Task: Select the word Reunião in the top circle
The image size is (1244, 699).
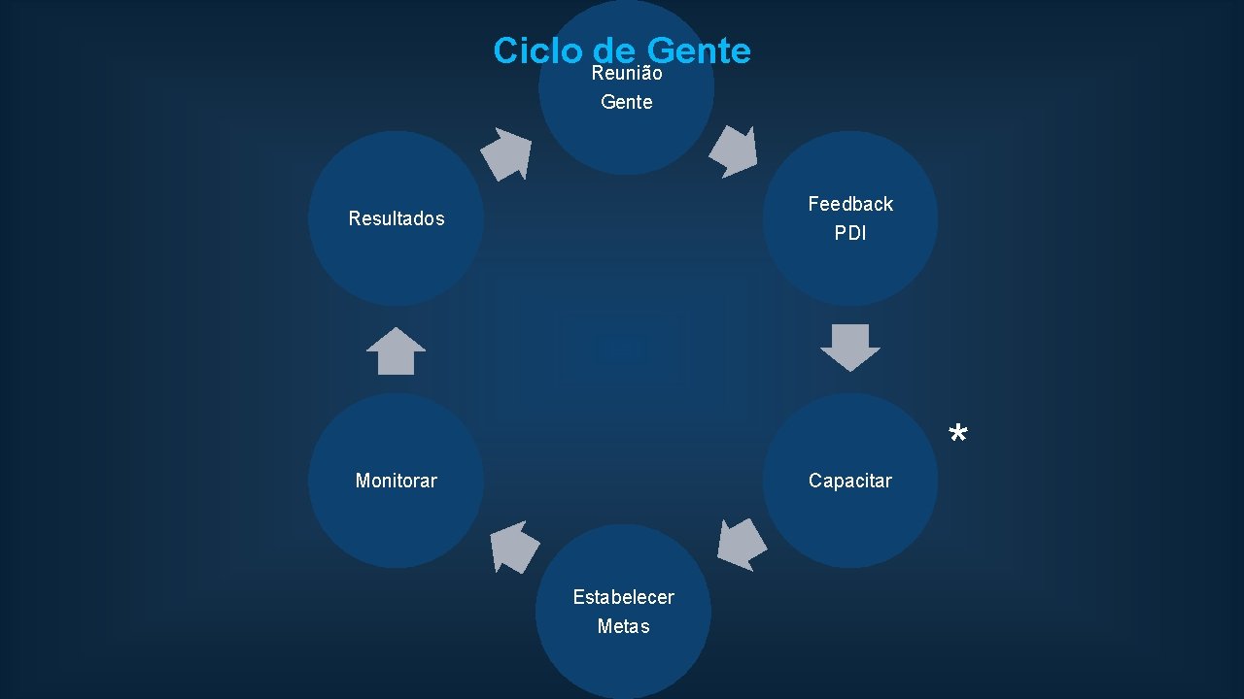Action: click(627, 74)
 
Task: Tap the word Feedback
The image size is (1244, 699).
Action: click(850, 204)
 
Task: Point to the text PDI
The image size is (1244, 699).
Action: click(850, 233)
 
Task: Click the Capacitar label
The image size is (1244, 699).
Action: click(850, 481)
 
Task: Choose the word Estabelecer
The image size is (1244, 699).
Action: click(623, 597)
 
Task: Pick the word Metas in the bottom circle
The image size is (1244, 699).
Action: click(623, 626)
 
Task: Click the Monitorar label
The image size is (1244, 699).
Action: click(396, 481)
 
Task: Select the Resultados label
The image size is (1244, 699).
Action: click(396, 218)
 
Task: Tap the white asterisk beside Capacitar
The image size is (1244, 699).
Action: click(958, 435)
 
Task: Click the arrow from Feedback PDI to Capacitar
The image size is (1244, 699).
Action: click(850, 347)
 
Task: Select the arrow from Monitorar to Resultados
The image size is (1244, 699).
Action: click(396, 350)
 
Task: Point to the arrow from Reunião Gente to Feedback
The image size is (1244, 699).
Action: click(734, 150)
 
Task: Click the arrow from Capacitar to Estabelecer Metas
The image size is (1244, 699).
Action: click(742, 544)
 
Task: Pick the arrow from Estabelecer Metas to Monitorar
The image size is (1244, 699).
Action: click(514, 547)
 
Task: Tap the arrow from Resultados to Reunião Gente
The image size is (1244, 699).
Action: click(506, 153)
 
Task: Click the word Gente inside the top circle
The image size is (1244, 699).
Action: click(627, 102)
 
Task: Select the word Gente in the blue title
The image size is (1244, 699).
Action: click(698, 50)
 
